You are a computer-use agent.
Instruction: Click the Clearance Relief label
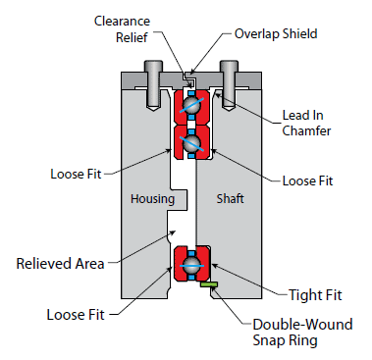pos(122,29)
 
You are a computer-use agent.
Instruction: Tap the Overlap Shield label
pos(276,33)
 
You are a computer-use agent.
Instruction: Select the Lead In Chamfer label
pos(306,123)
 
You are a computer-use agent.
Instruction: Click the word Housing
pos(152,199)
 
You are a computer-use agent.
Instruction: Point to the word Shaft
pos(231,198)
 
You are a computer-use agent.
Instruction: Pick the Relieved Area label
pos(61,264)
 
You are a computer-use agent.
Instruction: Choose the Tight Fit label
pos(315,295)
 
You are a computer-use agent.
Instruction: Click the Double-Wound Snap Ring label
pos(302,333)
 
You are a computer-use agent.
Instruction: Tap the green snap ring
pos(209,284)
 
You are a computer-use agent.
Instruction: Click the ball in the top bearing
pos(191,105)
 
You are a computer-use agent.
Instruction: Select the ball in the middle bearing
pos(191,143)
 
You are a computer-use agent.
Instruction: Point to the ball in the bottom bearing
pos(191,265)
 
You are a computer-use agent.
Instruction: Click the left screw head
pos(154,66)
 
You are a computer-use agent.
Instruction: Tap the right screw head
pos(229,66)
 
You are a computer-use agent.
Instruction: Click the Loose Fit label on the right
pos(307,180)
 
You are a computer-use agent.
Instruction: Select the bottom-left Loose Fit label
pos(76,315)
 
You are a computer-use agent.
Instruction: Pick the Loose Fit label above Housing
pos(76,174)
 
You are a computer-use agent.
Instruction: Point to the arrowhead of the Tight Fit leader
pos(214,266)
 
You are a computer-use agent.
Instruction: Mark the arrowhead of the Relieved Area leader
pos(174,232)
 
